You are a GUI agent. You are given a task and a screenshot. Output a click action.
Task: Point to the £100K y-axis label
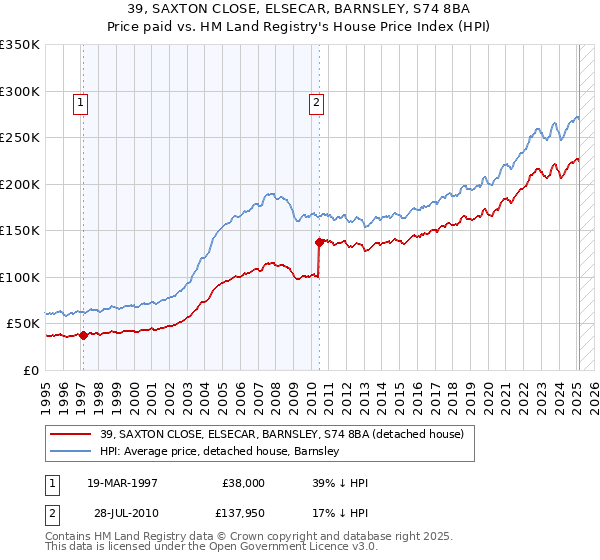[20, 277]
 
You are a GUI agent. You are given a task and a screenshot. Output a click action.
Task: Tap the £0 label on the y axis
[29, 370]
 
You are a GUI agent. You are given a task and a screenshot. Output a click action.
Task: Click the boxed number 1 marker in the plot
[80, 101]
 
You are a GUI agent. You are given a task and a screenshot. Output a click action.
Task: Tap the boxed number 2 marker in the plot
[316, 101]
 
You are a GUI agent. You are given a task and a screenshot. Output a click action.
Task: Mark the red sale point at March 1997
[84, 335]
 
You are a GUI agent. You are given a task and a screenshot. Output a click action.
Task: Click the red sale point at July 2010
[319, 242]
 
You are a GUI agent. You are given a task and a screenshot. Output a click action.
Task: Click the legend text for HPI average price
[220, 452]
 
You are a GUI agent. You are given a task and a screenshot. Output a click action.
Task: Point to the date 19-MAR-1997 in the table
[122, 482]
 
